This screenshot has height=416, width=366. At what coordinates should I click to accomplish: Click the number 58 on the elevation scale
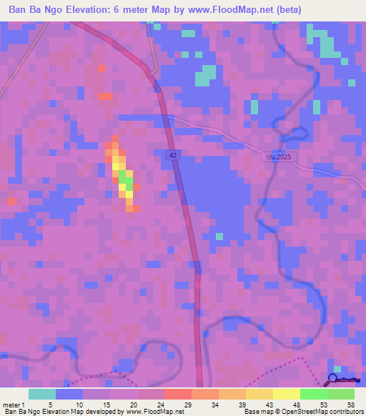click(x=350, y=405)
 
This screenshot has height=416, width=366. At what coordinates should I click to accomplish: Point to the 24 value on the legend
click(x=159, y=405)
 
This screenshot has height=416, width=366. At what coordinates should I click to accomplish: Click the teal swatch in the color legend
click(x=42, y=394)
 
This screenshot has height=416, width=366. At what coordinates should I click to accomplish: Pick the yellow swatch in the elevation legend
click(x=286, y=394)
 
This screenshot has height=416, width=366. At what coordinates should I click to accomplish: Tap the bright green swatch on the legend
click(x=313, y=394)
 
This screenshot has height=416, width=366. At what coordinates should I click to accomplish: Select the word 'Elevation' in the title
click(x=95, y=10)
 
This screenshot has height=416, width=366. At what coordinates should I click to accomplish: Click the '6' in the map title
click(x=128, y=10)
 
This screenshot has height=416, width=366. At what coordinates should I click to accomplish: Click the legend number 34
click(x=214, y=405)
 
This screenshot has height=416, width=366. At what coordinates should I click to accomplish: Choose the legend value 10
click(x=78, y=405)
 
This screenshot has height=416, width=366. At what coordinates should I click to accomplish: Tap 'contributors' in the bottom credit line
click(x=345, y=412)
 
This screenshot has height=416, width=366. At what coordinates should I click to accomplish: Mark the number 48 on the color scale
click(x=296, y=405)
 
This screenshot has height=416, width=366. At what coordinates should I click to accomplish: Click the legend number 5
click(x=51, y=405)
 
